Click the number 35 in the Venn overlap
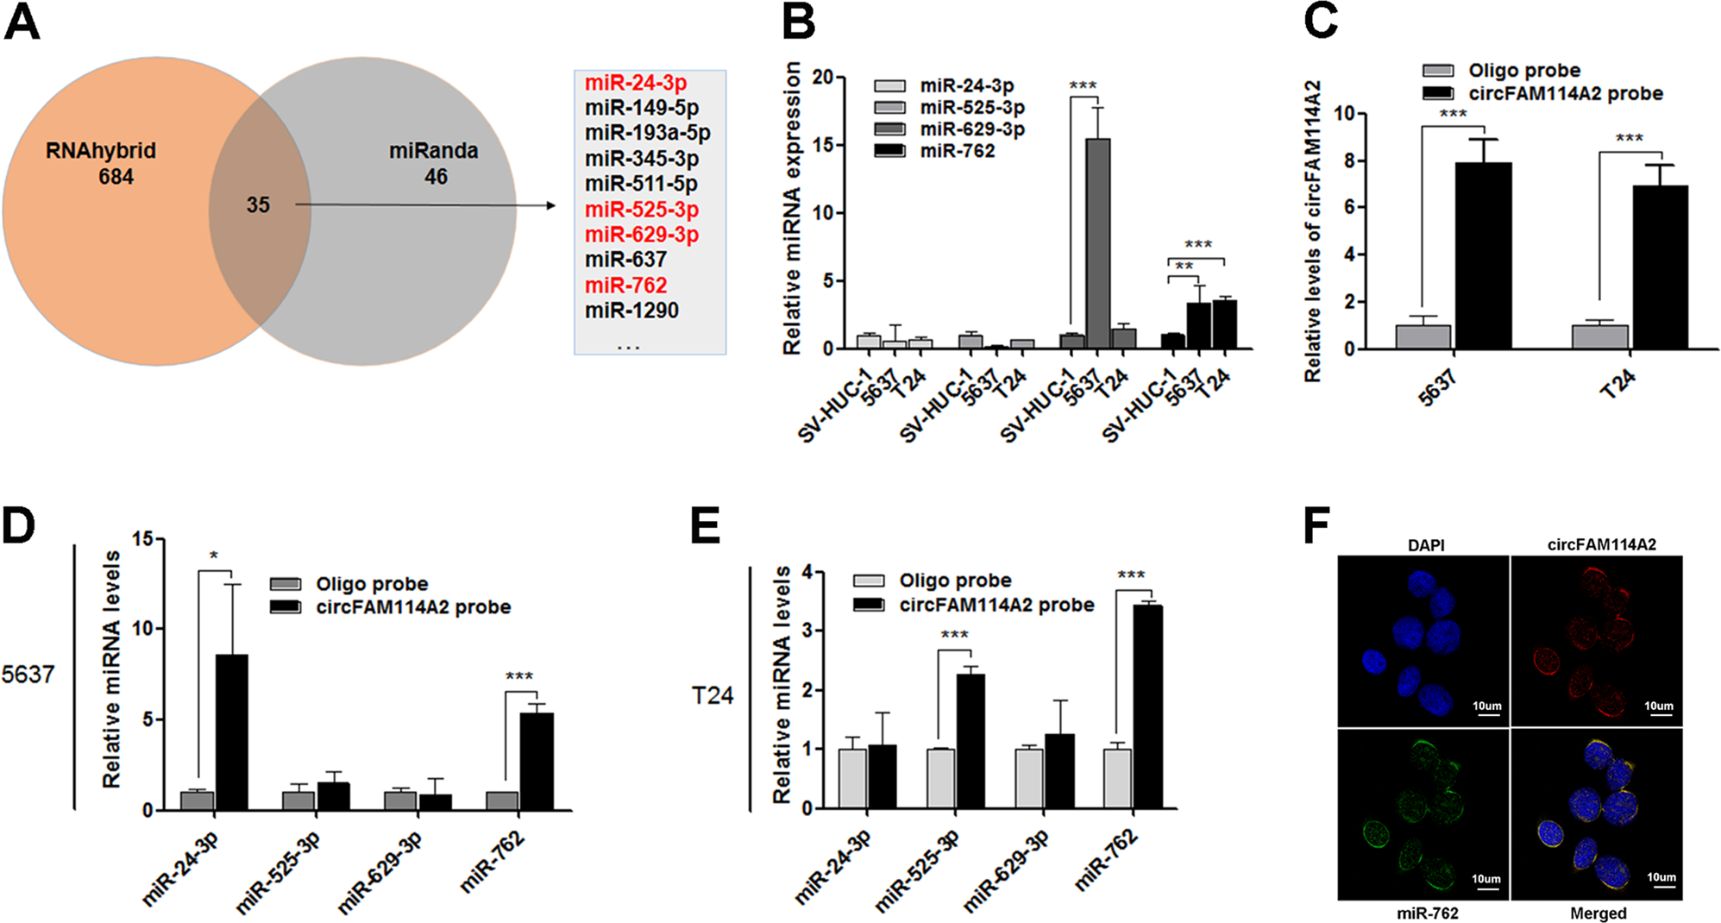[x=258, y=205]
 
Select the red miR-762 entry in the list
[x=625, y=286]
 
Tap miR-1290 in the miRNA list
[x=631, y=311]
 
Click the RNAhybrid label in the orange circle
[x=101, y=151]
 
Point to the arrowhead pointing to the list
[x=550, y=205]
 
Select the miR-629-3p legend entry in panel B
[x=971, y=129]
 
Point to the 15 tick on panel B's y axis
[x=823, y=145]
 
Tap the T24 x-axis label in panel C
[x=1617, y=384]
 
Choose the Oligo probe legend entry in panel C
[x=1523, y=71]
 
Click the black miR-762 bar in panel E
[x=1147, y=706]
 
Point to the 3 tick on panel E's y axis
[x=807, y=631]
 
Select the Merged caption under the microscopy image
[x=1598, y=914]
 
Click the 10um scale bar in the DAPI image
[x=1487, y=713]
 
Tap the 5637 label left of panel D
[x=28, y=675]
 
